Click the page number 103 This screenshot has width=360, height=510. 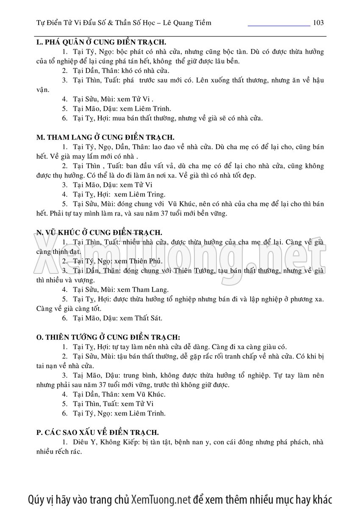tap(318, 23)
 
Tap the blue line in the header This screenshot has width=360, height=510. tap(279, 26)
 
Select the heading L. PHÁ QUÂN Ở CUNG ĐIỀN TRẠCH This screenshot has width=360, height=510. tap(101, 42)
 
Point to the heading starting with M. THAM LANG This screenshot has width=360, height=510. tap(105, 138)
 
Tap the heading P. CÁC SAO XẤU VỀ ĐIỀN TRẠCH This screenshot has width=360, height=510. tap(98, 432)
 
